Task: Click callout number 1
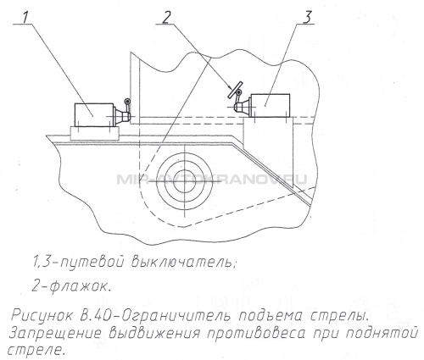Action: (x=25, y=18)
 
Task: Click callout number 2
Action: (x=166, y=17)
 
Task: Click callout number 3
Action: (x=306, y=17)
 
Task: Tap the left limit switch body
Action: (x=93, y=115)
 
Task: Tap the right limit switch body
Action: (x=270, y=105)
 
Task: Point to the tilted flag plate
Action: (x=235, y=90)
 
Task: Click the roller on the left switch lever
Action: (x=128, y=102)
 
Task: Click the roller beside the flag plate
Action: (x=239, y=92)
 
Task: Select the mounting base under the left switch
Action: (x=95, y=133)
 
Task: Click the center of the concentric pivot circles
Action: (x=184, y=180)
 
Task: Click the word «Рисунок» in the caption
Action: (x=42, y=316)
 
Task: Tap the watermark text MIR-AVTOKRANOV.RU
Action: (x=212, y=179)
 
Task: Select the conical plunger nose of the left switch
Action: (x=122, y=116)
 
